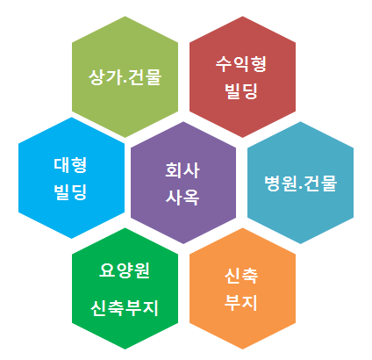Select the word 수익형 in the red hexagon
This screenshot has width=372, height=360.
241,64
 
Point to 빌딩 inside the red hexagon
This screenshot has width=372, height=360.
241,90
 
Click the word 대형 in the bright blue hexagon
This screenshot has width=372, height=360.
70,165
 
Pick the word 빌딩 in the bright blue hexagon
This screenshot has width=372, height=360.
70,192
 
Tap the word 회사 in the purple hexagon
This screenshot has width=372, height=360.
182,170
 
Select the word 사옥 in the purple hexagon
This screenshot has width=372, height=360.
182,197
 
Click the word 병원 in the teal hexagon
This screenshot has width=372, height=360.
281,184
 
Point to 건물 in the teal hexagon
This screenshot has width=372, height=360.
320,184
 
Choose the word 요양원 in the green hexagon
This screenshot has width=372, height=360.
125,270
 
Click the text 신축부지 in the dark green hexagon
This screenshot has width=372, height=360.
125,308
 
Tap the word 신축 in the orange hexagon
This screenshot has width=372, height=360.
241,276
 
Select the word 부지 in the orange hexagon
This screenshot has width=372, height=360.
241,302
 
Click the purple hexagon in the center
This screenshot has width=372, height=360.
183,183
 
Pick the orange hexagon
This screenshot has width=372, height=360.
242,288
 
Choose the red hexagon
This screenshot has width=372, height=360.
242,76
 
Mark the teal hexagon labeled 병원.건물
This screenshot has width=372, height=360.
300,183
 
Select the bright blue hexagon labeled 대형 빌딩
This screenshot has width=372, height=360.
72,178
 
